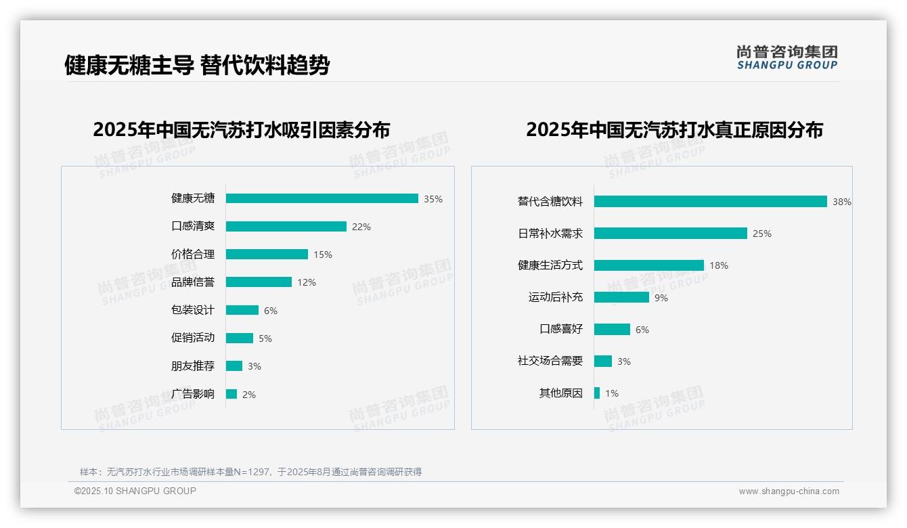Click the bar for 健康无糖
click(322, 198)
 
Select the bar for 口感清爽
click(286, 227)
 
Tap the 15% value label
click(323, 255)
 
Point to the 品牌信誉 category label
click(193, 282)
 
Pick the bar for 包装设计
click(242, 310)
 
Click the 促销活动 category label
click(193, 338)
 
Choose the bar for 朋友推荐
click(234, 366)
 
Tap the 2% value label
click(249, 395)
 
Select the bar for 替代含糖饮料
click(711, 202)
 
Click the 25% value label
click(762, 234)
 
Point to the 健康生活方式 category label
click(550, 265)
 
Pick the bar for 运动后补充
click(621, 297)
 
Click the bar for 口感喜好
click(612, 329)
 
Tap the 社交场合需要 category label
click(550, 361)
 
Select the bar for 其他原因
click(597, 393)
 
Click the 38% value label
click(842, 202)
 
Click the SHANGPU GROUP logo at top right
click(787, 58)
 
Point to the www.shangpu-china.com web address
click(789, 491)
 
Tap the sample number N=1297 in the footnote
click(255, 472)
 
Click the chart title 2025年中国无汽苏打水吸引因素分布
click(242, 130)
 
